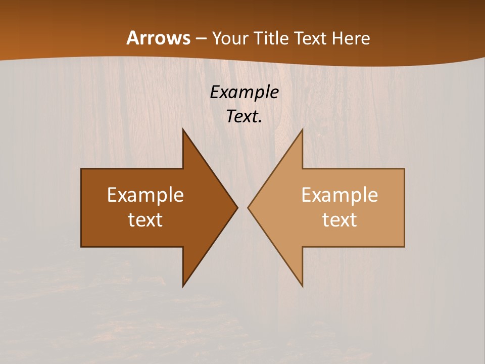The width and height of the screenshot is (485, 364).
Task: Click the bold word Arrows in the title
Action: coord(158,38)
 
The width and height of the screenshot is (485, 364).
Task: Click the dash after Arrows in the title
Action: coord(201,38)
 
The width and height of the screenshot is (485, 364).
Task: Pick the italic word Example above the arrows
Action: coord(245,92)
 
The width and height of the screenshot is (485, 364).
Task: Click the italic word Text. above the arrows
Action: coord(245,116)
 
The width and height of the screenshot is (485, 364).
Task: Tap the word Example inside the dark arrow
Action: coord(145,195)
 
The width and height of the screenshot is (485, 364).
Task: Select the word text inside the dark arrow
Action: coord(145,219)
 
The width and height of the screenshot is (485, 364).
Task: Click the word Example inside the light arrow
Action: coord(339,195)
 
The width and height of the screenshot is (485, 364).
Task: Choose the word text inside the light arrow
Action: coord(339,219)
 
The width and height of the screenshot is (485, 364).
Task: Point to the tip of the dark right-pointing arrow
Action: coord(237,207)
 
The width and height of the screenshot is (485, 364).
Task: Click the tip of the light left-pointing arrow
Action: coord(248,207)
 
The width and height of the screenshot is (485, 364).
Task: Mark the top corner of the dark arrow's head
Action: coord(183,129)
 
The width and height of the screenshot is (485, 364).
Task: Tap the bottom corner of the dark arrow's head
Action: coord(183,286)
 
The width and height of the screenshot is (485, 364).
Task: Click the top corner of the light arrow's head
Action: coord(302,129)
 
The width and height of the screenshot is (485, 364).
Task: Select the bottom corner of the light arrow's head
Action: coord(302,286)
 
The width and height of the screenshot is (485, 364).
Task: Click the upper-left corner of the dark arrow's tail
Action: coord(81,169)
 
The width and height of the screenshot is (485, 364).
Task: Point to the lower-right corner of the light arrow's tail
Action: coord(404,246)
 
